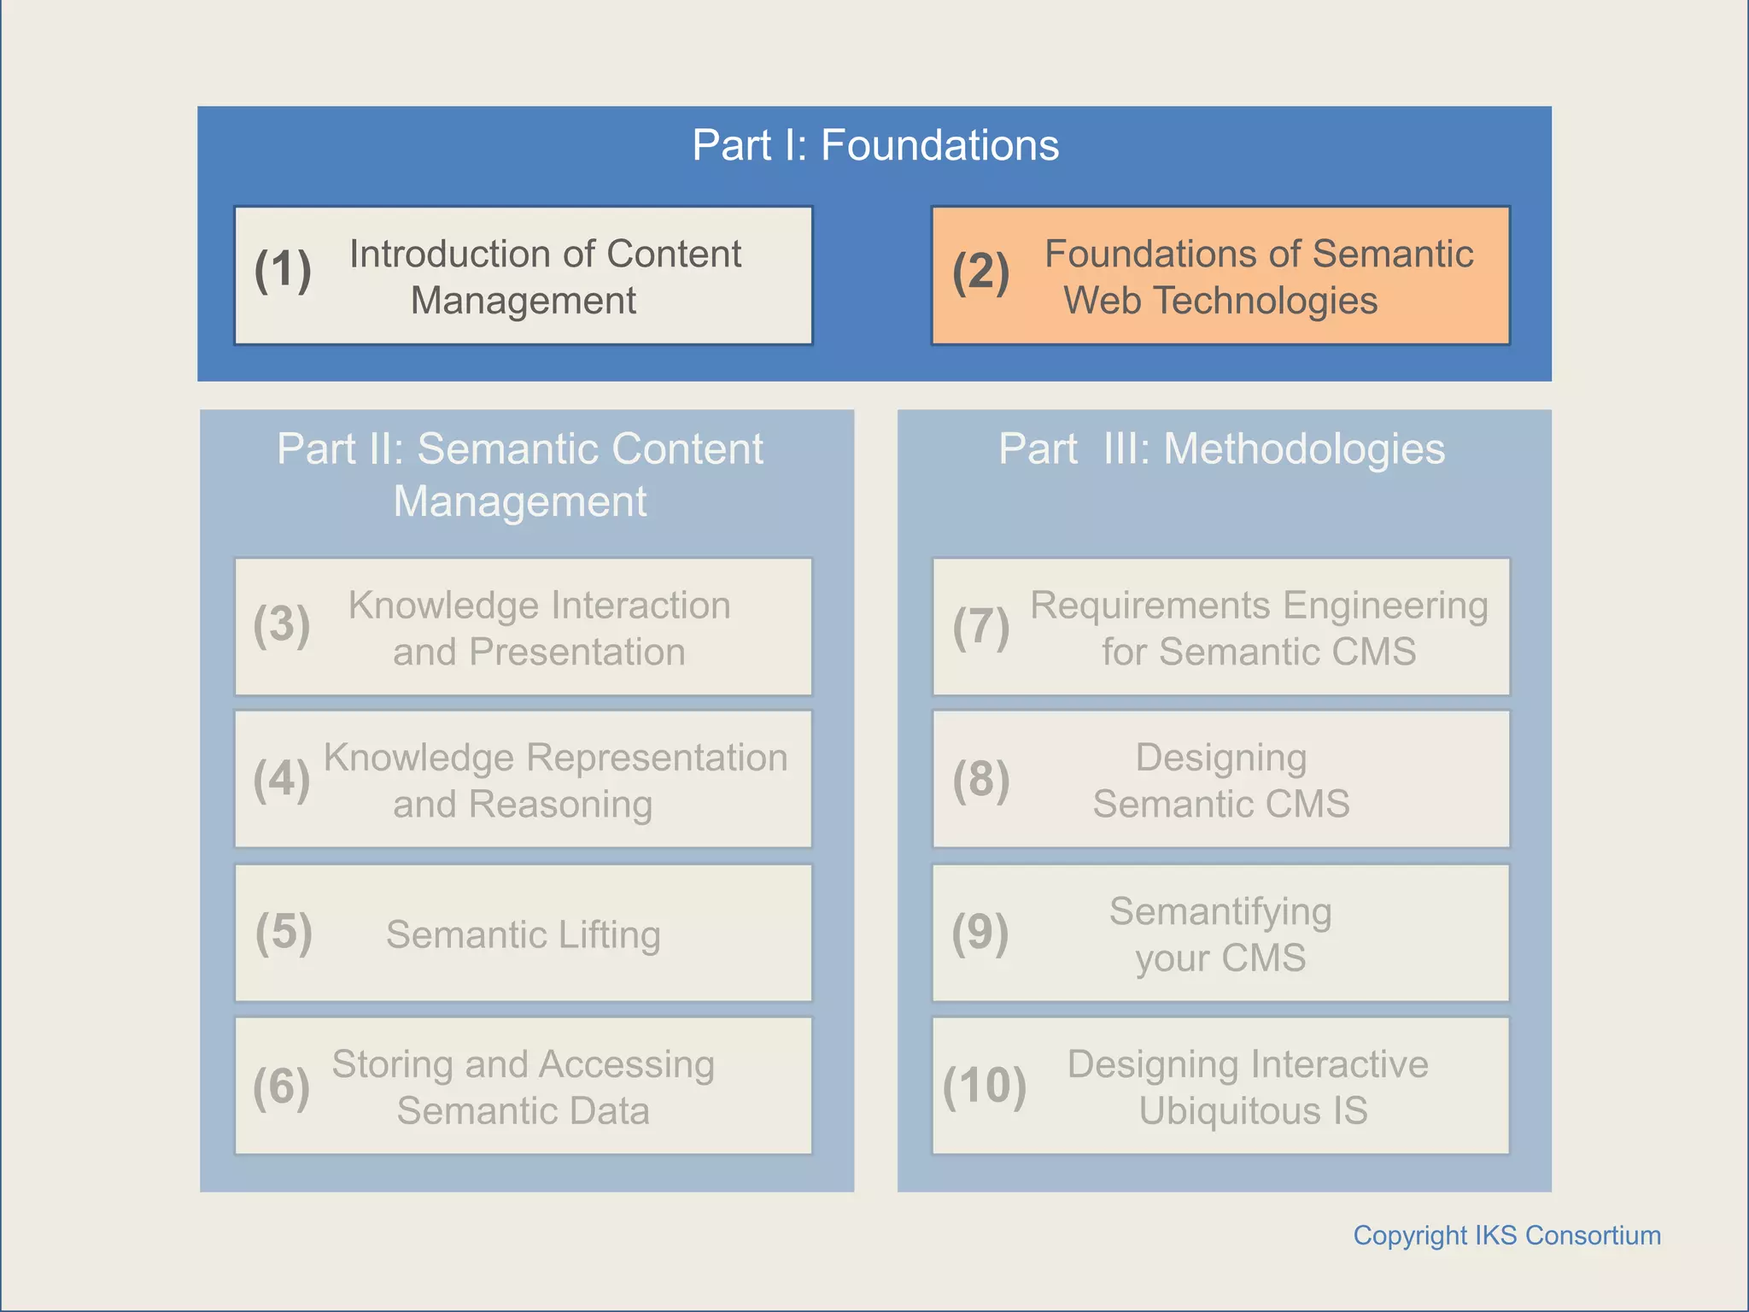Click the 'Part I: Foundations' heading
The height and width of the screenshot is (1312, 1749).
874,145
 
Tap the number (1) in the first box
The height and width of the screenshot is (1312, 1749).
283,271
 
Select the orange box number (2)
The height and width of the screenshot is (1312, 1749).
980,272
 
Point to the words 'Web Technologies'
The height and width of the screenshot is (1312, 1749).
1220,301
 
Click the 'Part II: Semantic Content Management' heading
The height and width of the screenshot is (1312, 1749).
520,474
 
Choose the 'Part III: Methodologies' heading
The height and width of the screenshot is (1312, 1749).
1221,449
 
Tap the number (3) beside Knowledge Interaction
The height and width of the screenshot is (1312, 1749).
282,624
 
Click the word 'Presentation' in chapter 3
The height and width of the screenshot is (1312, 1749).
576,652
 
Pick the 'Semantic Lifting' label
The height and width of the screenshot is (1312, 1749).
523,934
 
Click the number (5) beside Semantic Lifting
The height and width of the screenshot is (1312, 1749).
284,932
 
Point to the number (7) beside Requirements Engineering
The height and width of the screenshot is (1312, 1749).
980,626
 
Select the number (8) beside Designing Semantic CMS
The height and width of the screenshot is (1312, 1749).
980,779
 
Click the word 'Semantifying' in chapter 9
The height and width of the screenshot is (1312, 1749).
1220,912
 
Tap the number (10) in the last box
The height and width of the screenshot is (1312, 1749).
984,1086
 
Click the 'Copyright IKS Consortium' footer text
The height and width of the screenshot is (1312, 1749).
1506,1235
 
